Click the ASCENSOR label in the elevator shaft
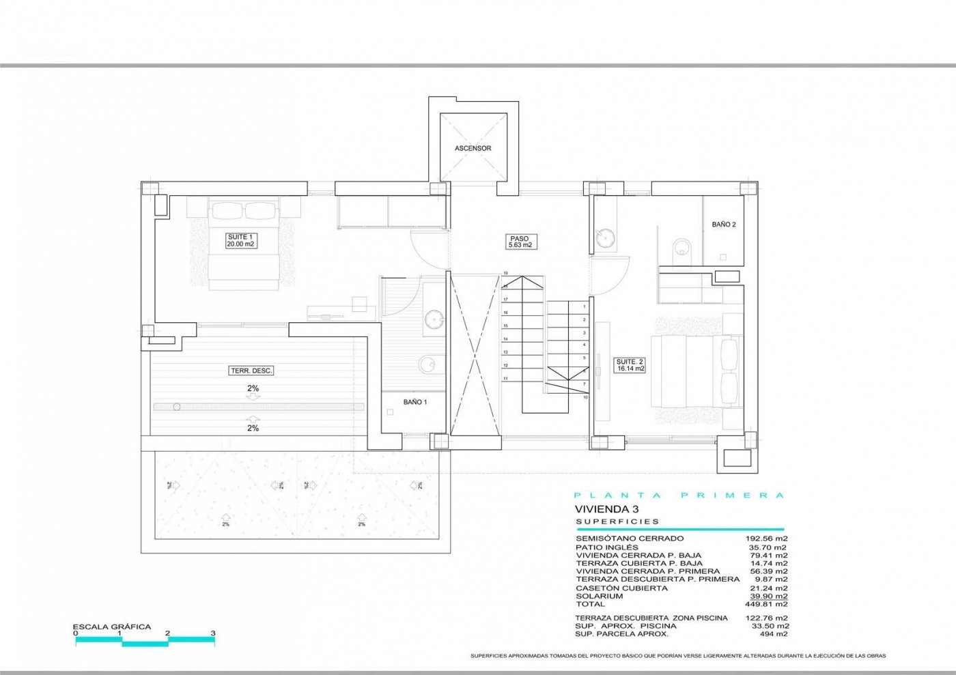coord(473,148)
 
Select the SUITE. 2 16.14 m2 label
coord(630,365)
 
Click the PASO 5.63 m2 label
coord(519,242)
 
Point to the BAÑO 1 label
coord(414,403)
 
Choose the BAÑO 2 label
coord(723,225)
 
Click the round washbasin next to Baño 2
coord(604,237)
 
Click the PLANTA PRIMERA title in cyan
coord(679,496)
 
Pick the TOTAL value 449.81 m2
coord(767,604)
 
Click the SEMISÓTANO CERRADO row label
coord(620,538)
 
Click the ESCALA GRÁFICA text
coord(112,627)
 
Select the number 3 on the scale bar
coord(213,633)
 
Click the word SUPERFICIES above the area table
coord(617,521)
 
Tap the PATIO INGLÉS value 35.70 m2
coord(768,547)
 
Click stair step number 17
coord(506,299)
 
